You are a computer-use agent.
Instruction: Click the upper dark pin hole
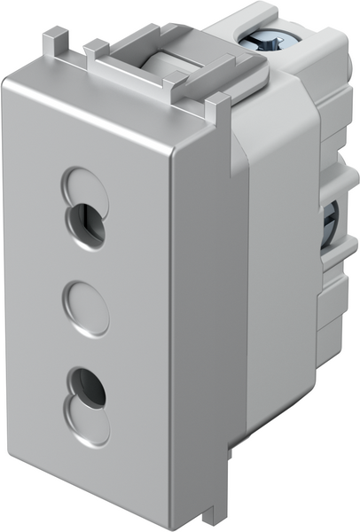point(87,226)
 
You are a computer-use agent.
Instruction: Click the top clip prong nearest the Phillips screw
point(213,110)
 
